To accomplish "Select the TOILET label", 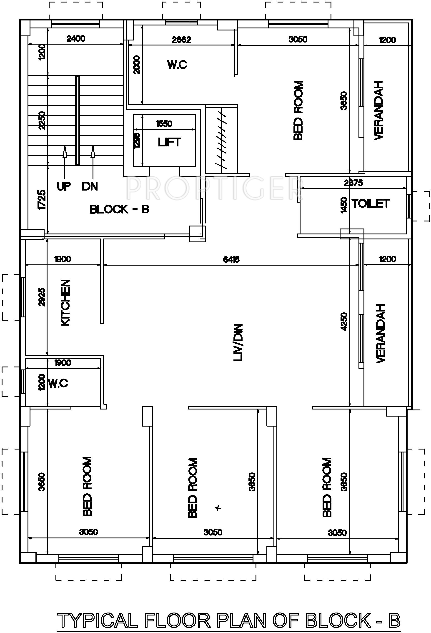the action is pyautogui.click(x=371, y=203).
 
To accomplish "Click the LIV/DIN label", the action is pyautogui.click(x=238, y=342).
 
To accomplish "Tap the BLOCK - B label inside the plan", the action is pyautogui.click(x=120, y=209).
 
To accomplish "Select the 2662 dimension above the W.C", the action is pyautogui.click(x=182, y=40).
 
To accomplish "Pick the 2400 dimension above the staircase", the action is pyautogui.click(x=76, y=39).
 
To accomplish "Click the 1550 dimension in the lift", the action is pyautogui.click(x=164, y=124).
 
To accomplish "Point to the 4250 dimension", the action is pyautogui.click(x=344, y=322).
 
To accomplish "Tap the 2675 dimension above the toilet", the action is pyautogui.click(x=353, y=183).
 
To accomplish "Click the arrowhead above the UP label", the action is pyautogui.click(x=65, y=152).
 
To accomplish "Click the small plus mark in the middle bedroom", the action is pyautogui.click(x=218, y=508).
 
